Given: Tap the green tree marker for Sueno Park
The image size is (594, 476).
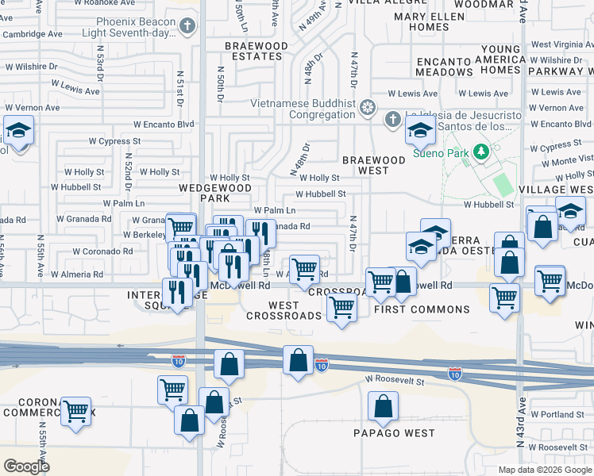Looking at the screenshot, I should pos(480,151).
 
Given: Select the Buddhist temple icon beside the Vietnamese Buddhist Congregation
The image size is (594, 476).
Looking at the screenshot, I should pos(367,106).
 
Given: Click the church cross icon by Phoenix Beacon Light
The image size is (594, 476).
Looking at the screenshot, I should pos(187,27).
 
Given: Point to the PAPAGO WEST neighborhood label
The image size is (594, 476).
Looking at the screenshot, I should pos(395,433).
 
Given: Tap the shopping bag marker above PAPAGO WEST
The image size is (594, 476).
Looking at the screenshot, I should pos(384,408).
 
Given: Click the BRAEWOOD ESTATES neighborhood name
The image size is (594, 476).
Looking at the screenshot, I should pos(256,52).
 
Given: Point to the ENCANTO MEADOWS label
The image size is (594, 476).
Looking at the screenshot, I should pos(444,67).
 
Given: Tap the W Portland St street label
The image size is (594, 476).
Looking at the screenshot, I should pos(557,414).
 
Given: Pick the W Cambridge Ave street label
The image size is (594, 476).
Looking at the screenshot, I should pos(32,35).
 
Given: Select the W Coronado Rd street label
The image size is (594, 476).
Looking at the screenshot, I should pos(102,251).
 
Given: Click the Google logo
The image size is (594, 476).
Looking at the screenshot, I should pos(26,466).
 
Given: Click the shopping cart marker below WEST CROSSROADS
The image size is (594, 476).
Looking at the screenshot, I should pos(341,307).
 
